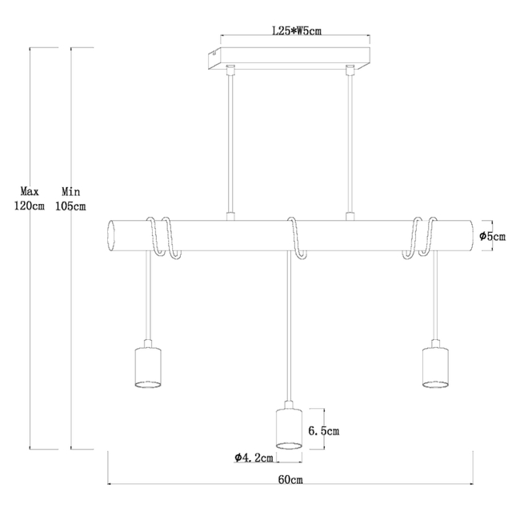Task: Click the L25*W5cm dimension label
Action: coord(297,31)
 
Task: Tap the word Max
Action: coord(30,191)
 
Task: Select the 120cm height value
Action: coord(29,206)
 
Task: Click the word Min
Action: coord(70,191)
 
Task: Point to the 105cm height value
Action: coord(70,206)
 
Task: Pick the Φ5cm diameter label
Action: coord(493,237)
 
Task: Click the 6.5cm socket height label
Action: coord(324,430)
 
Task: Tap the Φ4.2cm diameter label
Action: coord(254,458)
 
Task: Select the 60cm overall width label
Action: coord(290,479)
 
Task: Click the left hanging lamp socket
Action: coord(148,364)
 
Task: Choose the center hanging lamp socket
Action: coord(289,426)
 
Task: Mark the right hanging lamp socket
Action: coord(435,364)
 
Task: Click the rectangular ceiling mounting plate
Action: coord(289,58)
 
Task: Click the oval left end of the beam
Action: coord(112,235)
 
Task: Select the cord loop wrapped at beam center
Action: coord(297,238)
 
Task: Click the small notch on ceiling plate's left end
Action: coord(215,52)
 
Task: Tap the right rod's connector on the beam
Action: coord(350,217)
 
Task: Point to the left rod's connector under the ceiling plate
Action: coord(230,70)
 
